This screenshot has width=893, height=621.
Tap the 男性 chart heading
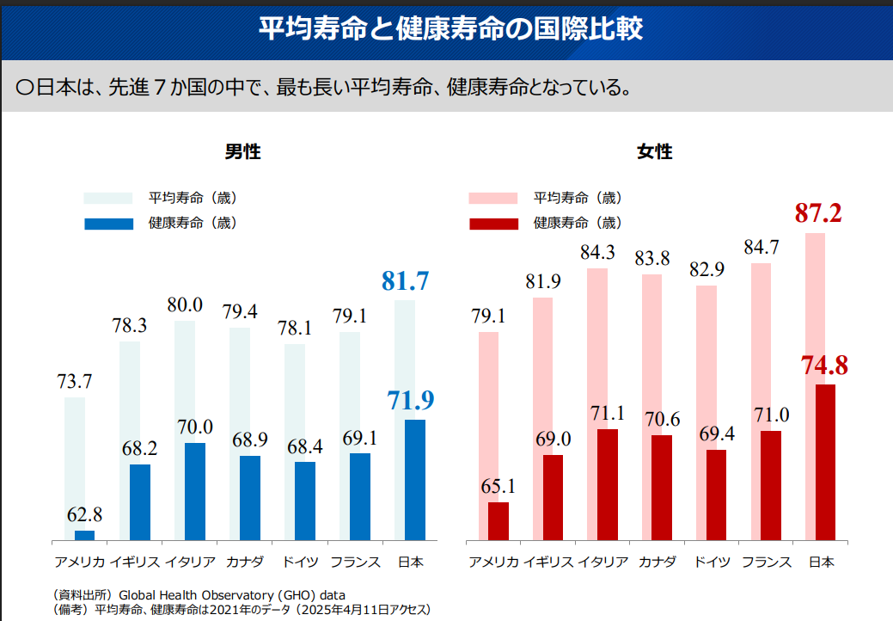tap(243, 152)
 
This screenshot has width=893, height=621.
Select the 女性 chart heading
tap(655, 152)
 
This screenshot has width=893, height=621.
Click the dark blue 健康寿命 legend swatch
tap(108, 224)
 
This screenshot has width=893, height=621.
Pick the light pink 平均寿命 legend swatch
tap(492, 199)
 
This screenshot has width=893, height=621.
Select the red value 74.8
tap(824, 366)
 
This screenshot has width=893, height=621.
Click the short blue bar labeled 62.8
tap(85, 535)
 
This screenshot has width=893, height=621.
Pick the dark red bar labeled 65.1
tap(498, 520)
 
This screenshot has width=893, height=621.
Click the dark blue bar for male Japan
tap(415, 479)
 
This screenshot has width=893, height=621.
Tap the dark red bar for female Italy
tap(608, 484)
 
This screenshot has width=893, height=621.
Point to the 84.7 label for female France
tap(761, 248)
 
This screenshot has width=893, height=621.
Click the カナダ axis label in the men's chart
tap(245, 563)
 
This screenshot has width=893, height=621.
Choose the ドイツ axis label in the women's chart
tap(712, 563)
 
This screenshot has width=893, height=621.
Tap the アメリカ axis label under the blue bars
tap(80, 563)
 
